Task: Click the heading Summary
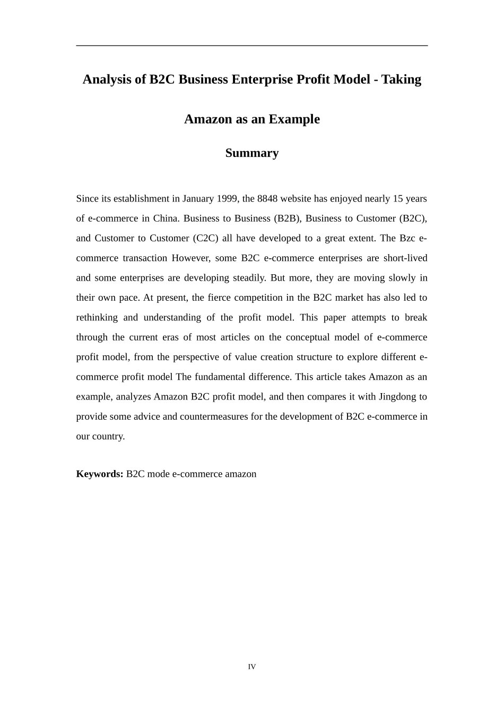click(251, 153)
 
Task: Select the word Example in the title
click(294, 119)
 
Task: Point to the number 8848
click(267, 199)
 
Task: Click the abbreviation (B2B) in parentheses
click(287, 219)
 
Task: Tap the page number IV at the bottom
click(252, 667)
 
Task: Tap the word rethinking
click(97, 318)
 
